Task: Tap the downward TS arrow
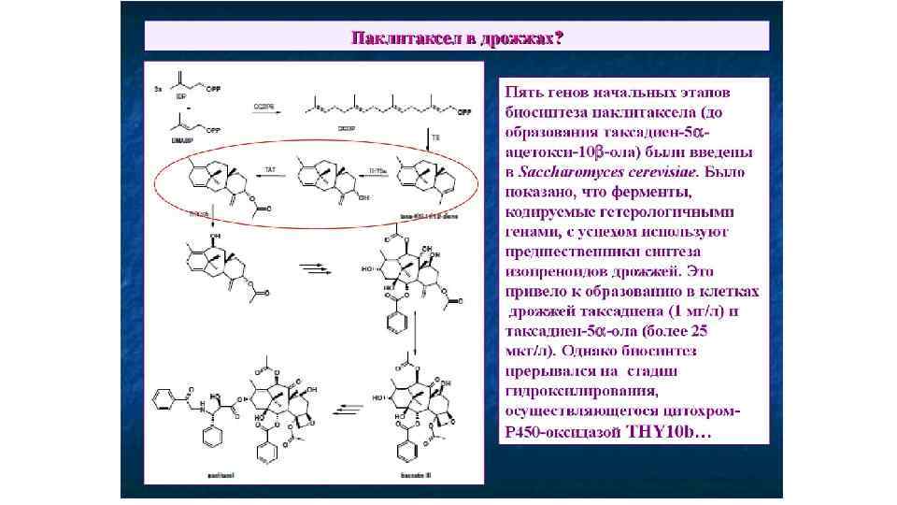(x=429, y=141)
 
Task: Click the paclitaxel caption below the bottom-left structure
(x=221, y=476)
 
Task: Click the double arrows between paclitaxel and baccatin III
(x=347, y=408)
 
